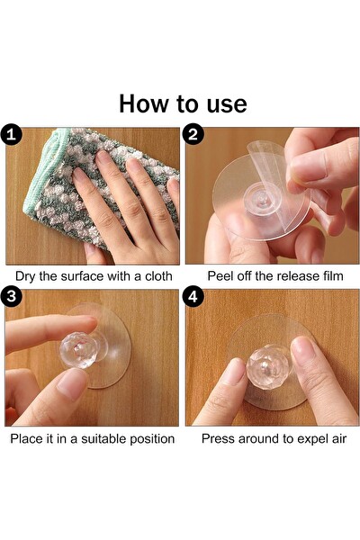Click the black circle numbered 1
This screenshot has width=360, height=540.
click(x=12, y=134)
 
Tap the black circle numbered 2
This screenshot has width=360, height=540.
click(x=193, y=134)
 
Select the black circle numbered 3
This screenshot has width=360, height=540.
click(x=12, y=296)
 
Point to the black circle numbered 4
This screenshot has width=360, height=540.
click(x=193, y=296)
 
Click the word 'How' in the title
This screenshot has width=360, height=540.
click(x=145, y=103)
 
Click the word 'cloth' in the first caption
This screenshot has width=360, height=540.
click(x=158, y=276)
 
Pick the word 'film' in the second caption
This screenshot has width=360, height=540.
click(x=333, y=276)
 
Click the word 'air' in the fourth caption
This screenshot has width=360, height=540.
click(x=338, y=439)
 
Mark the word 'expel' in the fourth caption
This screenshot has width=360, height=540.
click(x=312, y=439)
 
